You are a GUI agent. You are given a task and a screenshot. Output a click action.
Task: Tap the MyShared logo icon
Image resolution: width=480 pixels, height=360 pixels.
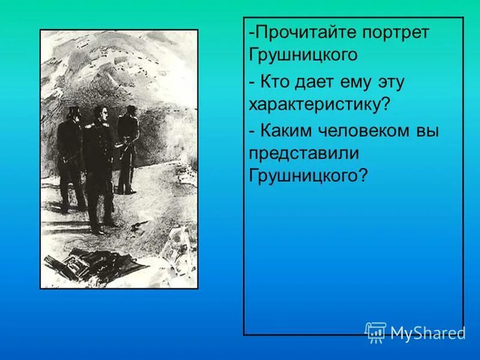click(376, 332)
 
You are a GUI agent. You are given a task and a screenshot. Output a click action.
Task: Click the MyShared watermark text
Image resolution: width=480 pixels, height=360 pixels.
click(427, 333)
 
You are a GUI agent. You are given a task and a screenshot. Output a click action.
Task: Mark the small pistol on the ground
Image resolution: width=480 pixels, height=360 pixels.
click(137, 223)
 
